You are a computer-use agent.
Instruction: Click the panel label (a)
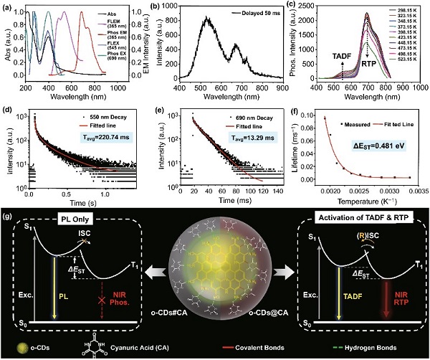[x=9, y=6]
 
